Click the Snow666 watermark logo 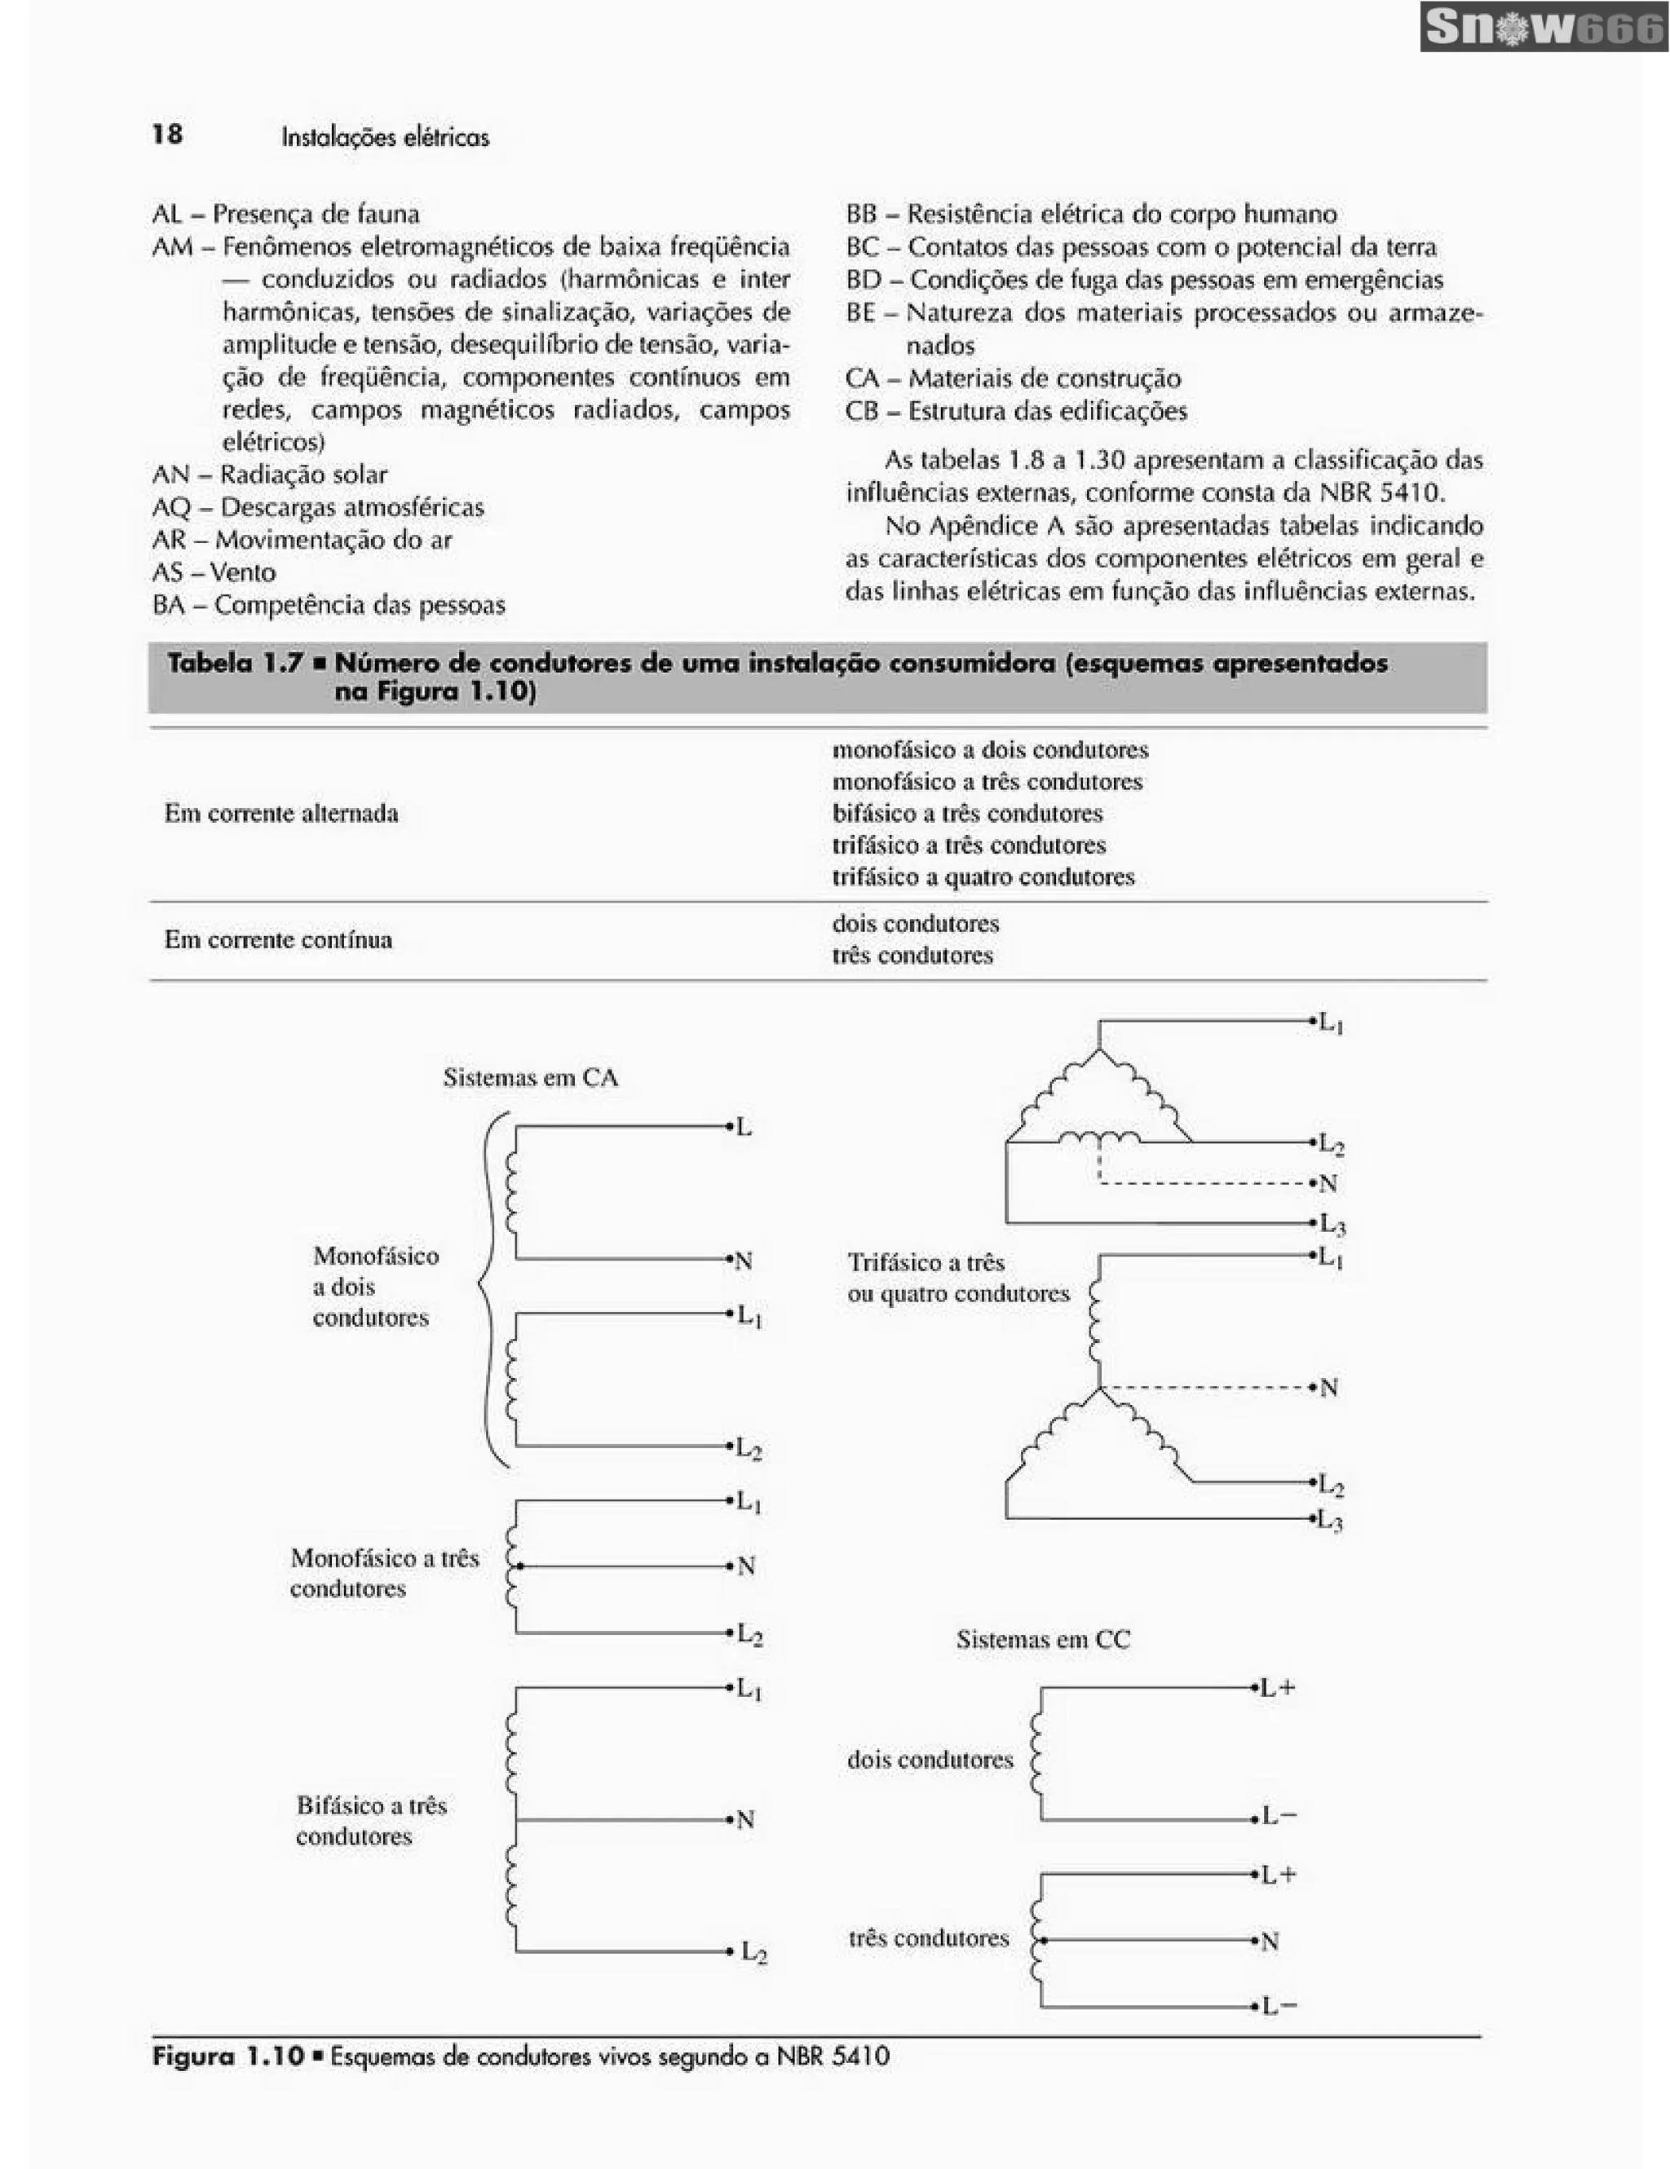point(1542,28)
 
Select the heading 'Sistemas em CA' point(530,1077)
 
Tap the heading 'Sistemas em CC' point(1042,1640)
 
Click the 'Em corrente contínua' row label point(278,939)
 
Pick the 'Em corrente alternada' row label point(281,814)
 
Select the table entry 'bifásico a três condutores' point(967,814)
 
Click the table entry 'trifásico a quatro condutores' point(983,877)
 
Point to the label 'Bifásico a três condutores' point(370,1820)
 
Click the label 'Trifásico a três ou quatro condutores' point(957,1279)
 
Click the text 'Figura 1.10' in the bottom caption point(228,2056)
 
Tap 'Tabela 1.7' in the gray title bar point(234,664)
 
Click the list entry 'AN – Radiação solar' point(269,475)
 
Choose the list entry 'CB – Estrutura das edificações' point(1016,411)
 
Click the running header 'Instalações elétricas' point(385,137)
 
